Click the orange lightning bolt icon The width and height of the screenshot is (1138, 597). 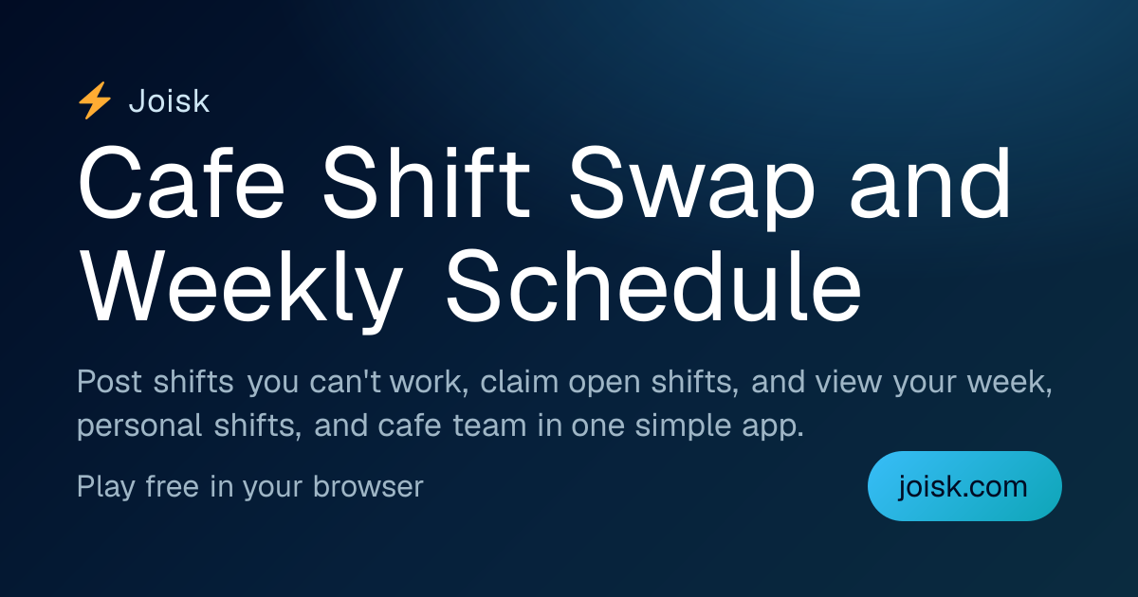tap(95, 100)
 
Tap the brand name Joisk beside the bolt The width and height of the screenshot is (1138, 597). tap(169, 101)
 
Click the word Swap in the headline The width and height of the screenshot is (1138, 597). tap(692, 187)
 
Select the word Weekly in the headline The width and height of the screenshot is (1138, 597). tap(242, 288)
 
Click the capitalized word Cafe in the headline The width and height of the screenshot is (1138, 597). tap(181, 183)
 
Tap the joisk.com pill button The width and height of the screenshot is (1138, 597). tap(964, 486)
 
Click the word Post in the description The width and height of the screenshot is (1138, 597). tap(109, 381)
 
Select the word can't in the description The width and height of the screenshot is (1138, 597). tap(345, 381)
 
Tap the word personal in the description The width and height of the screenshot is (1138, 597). tap(139, 426)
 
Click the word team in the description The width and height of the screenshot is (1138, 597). tap(489, 425)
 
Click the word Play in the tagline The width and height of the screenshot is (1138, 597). tap(106, 487)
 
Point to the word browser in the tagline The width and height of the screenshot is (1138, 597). tap(368, 486)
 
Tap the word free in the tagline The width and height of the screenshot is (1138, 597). tap(173, 486)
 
